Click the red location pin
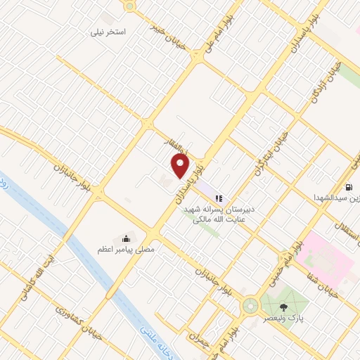pos(180,166)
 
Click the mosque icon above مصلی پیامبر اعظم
pos(127,237)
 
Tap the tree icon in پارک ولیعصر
pos(284,307)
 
